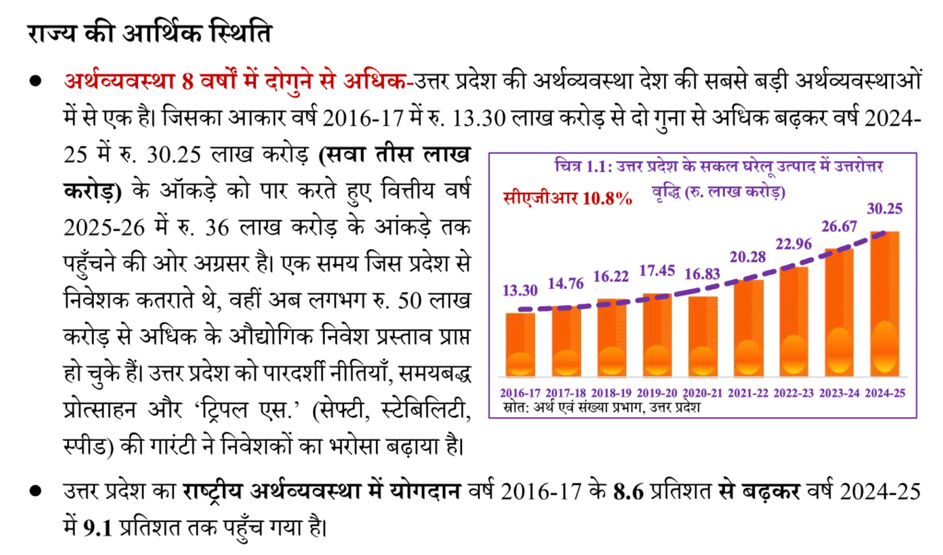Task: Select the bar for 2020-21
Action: tap(703, 335)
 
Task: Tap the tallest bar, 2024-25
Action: tap(885, 303)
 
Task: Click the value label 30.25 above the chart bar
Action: tap(884, 209)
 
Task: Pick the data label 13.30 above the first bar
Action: tap(519, 290)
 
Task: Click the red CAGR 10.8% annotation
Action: tap(567, 197)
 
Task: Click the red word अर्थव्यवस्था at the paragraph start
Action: tap(121, 80)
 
